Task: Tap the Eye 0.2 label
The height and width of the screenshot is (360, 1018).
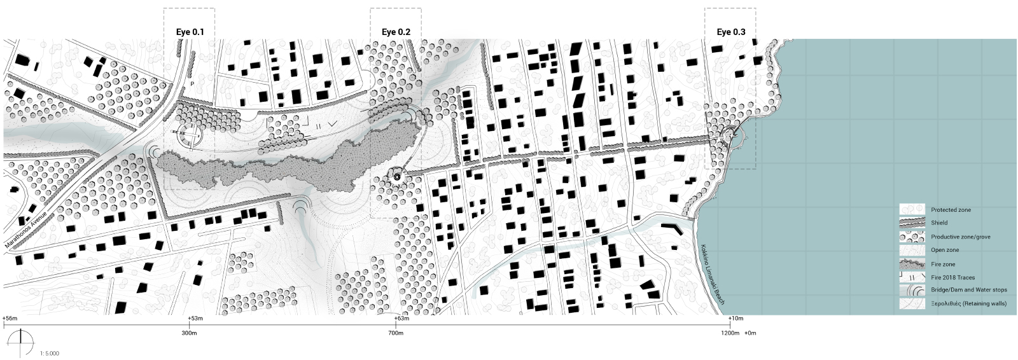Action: coord(396,32)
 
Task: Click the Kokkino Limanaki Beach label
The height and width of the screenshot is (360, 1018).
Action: coord(712,274)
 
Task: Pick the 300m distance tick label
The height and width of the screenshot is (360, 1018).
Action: coord(189,333)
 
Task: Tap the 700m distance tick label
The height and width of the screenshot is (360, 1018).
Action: coord(395,333)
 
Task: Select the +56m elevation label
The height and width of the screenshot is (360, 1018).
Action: coord(10,318)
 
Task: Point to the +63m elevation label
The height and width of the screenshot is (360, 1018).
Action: coord(401,318)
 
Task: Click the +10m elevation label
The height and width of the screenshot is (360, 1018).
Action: coord(736,318)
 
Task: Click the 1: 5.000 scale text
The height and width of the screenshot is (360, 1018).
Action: coord(50,352)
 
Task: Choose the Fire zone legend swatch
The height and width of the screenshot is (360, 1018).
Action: coord(911,264)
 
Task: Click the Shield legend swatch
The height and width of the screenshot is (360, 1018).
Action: coord(911,223)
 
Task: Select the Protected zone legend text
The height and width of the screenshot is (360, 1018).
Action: coord(951,210)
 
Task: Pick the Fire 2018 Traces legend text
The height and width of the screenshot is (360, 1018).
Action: coord(952,277)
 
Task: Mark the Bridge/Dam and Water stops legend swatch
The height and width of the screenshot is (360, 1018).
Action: coord(911,290)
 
